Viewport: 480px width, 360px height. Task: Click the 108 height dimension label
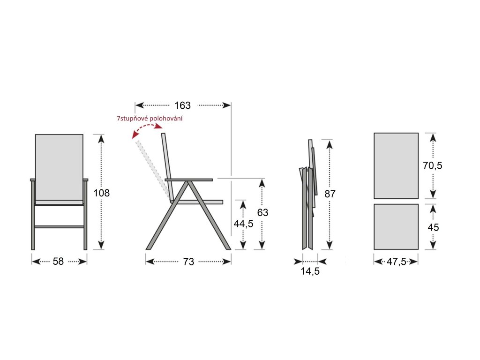tap(102, 193)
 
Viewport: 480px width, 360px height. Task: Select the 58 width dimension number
tap(58, 262)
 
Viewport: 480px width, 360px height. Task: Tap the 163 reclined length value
tap(182, 105)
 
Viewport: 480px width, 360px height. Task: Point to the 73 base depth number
tap(188, 262)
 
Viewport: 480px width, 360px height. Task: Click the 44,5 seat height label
tap(243, 224)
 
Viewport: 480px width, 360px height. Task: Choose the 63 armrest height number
tap(262, 212)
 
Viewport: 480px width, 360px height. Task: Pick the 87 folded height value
tap(330, 194)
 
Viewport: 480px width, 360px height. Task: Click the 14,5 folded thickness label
tap(310, 271)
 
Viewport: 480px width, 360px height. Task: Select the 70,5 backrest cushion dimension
tap(433, 165)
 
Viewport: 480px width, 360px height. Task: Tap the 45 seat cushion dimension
tap(433, 227)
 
